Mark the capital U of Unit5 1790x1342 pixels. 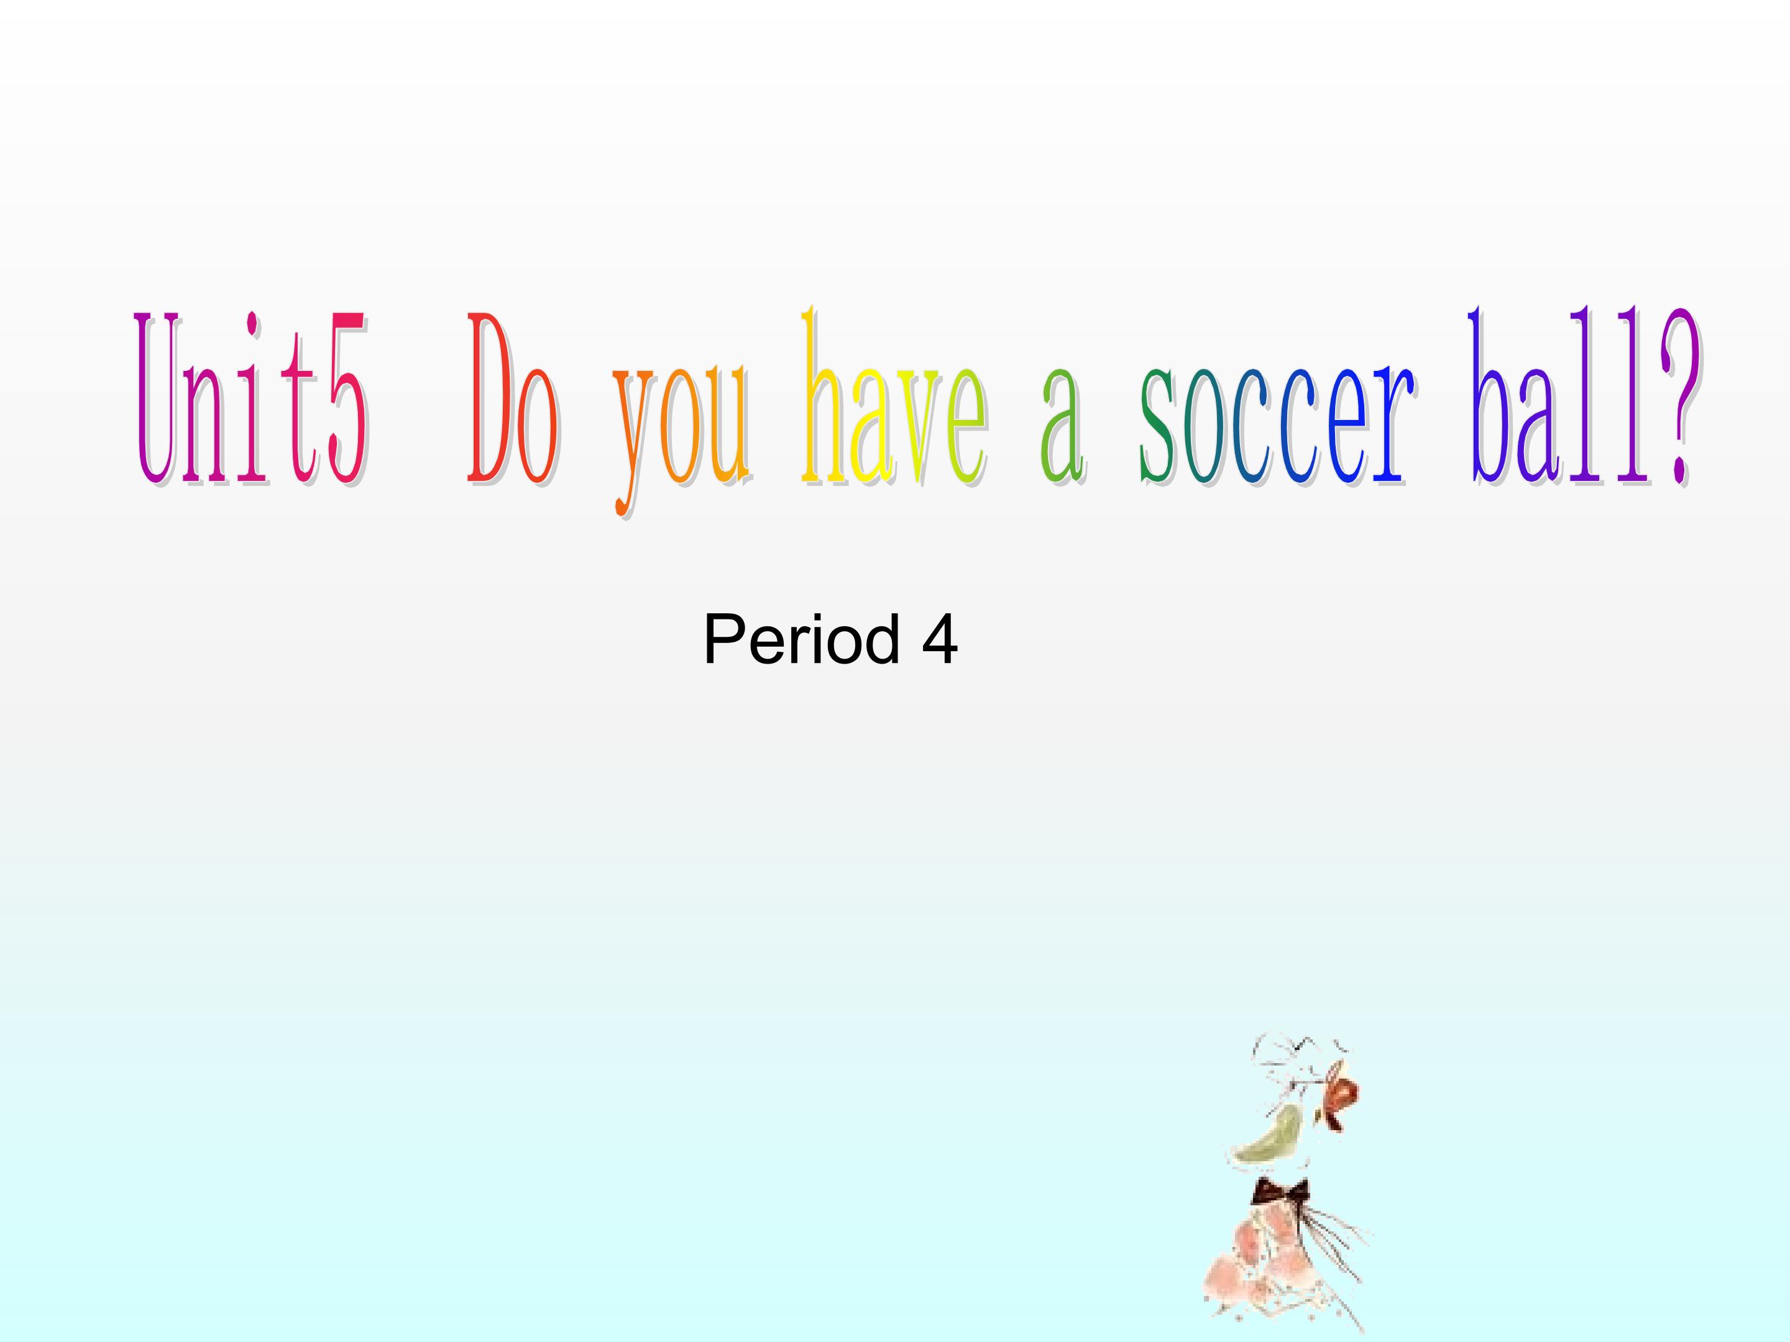coord(158,399)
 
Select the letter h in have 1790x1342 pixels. coord(822,396)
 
